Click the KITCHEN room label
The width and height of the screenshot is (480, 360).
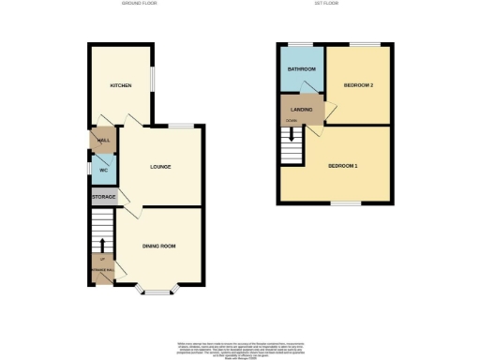[x=120, y=85]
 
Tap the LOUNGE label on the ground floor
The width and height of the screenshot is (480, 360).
[x=159, y=167]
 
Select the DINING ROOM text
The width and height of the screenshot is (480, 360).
[x=159, y=247]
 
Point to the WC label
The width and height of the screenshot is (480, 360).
[x=103, y=171]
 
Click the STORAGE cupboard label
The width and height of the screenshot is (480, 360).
[x=102, y=198]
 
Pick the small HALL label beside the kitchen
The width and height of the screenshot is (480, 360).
[x=103, y=140]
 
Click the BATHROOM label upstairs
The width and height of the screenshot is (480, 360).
[x=301, y=69]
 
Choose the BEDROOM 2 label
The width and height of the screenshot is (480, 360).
[x=359, y=85]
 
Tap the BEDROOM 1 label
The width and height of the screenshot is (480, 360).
[x=342, y=166]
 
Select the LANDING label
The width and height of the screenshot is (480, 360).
[x=302, y=112]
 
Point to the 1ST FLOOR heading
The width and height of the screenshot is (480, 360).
[x=326, y=4]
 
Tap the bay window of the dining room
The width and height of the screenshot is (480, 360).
[x=157, y=289]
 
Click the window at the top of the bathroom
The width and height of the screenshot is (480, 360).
[x=301, y=44]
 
